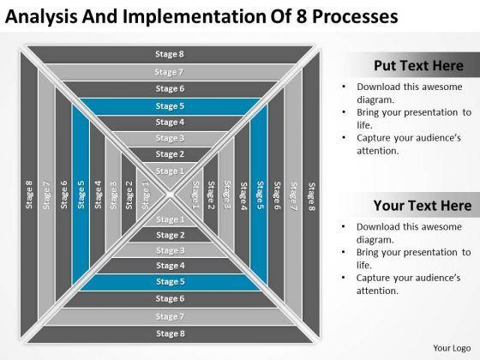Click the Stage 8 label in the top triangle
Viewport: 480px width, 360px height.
(x=170, y=54)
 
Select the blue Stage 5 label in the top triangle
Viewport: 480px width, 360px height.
(x=170, y=106)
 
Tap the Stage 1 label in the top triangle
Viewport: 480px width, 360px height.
(x=170, y=171)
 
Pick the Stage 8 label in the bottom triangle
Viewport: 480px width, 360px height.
(x=171, y=333)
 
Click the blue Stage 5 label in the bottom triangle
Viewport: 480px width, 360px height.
(x=171, y=281)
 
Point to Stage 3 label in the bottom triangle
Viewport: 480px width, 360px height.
(x=171, y=250)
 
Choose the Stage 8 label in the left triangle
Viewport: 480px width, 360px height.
(x=29, y=195)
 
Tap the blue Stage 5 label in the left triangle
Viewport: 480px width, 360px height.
(x=81, y=195)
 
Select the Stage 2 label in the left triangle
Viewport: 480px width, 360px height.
(x=129, y=195)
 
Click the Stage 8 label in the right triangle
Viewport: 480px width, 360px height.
(x=311, y=197)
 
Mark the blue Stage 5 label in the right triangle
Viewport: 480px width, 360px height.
(x=260, y=195)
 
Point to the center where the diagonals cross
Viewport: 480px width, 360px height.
(x=171, y=195)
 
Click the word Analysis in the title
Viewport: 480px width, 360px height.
(x=41, y=16)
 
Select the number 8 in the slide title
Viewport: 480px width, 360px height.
(x=302, y=16)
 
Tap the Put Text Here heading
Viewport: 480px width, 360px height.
(x=419, y=65)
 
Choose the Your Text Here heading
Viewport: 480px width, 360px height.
(x=423, y=206)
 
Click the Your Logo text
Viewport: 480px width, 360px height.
(x=452, y=348)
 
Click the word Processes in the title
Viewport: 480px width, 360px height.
(x=355, y=16)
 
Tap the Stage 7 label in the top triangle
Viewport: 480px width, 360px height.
(x=169, y=72)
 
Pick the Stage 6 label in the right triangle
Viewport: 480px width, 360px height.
(x=277, y=195)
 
